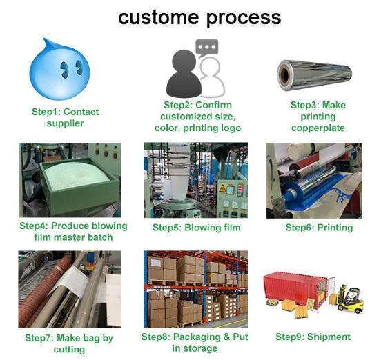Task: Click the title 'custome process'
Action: [199, 17]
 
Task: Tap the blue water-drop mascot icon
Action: [60, 69]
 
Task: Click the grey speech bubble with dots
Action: [206, 47]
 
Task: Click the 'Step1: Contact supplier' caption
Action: [65, 117]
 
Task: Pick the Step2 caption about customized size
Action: [196, 117]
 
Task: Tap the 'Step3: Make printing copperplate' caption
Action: [318, 117]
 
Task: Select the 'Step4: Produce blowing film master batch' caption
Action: [72, 232]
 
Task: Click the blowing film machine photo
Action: [195, 180]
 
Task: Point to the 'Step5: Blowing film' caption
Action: [196, 228]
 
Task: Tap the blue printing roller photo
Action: [313, 180]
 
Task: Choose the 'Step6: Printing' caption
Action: [318, 228]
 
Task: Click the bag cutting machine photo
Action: [70, 289]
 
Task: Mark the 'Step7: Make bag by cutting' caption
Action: [68, 343]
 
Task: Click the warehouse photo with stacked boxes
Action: [195, 288]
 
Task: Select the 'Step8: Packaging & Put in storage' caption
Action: [195, 343]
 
